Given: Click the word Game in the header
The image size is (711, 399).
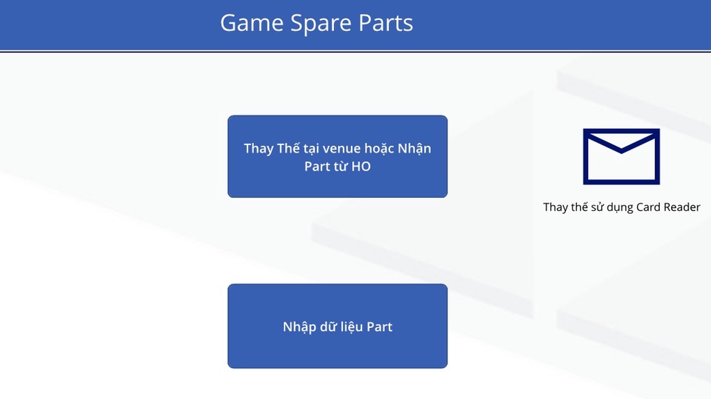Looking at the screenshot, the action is point(252,23).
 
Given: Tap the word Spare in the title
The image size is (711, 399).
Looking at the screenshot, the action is point(321,24).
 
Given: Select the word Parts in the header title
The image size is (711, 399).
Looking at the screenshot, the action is point(385,23).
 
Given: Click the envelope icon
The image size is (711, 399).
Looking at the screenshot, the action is point(621,156).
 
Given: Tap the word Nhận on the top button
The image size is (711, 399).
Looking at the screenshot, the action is point(415,149).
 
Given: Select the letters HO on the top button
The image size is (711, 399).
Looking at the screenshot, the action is point(361,167).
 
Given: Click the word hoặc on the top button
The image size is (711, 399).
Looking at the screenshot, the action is point(379,149).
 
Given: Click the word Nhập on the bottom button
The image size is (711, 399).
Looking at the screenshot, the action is point(299,327).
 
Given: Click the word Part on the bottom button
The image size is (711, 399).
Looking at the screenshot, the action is point(379,327).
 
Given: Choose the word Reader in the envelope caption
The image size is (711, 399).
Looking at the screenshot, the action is point(682,207).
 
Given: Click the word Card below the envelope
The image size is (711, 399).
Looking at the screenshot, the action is point(649,207).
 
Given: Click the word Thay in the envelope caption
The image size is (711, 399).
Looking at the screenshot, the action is point(555,208).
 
